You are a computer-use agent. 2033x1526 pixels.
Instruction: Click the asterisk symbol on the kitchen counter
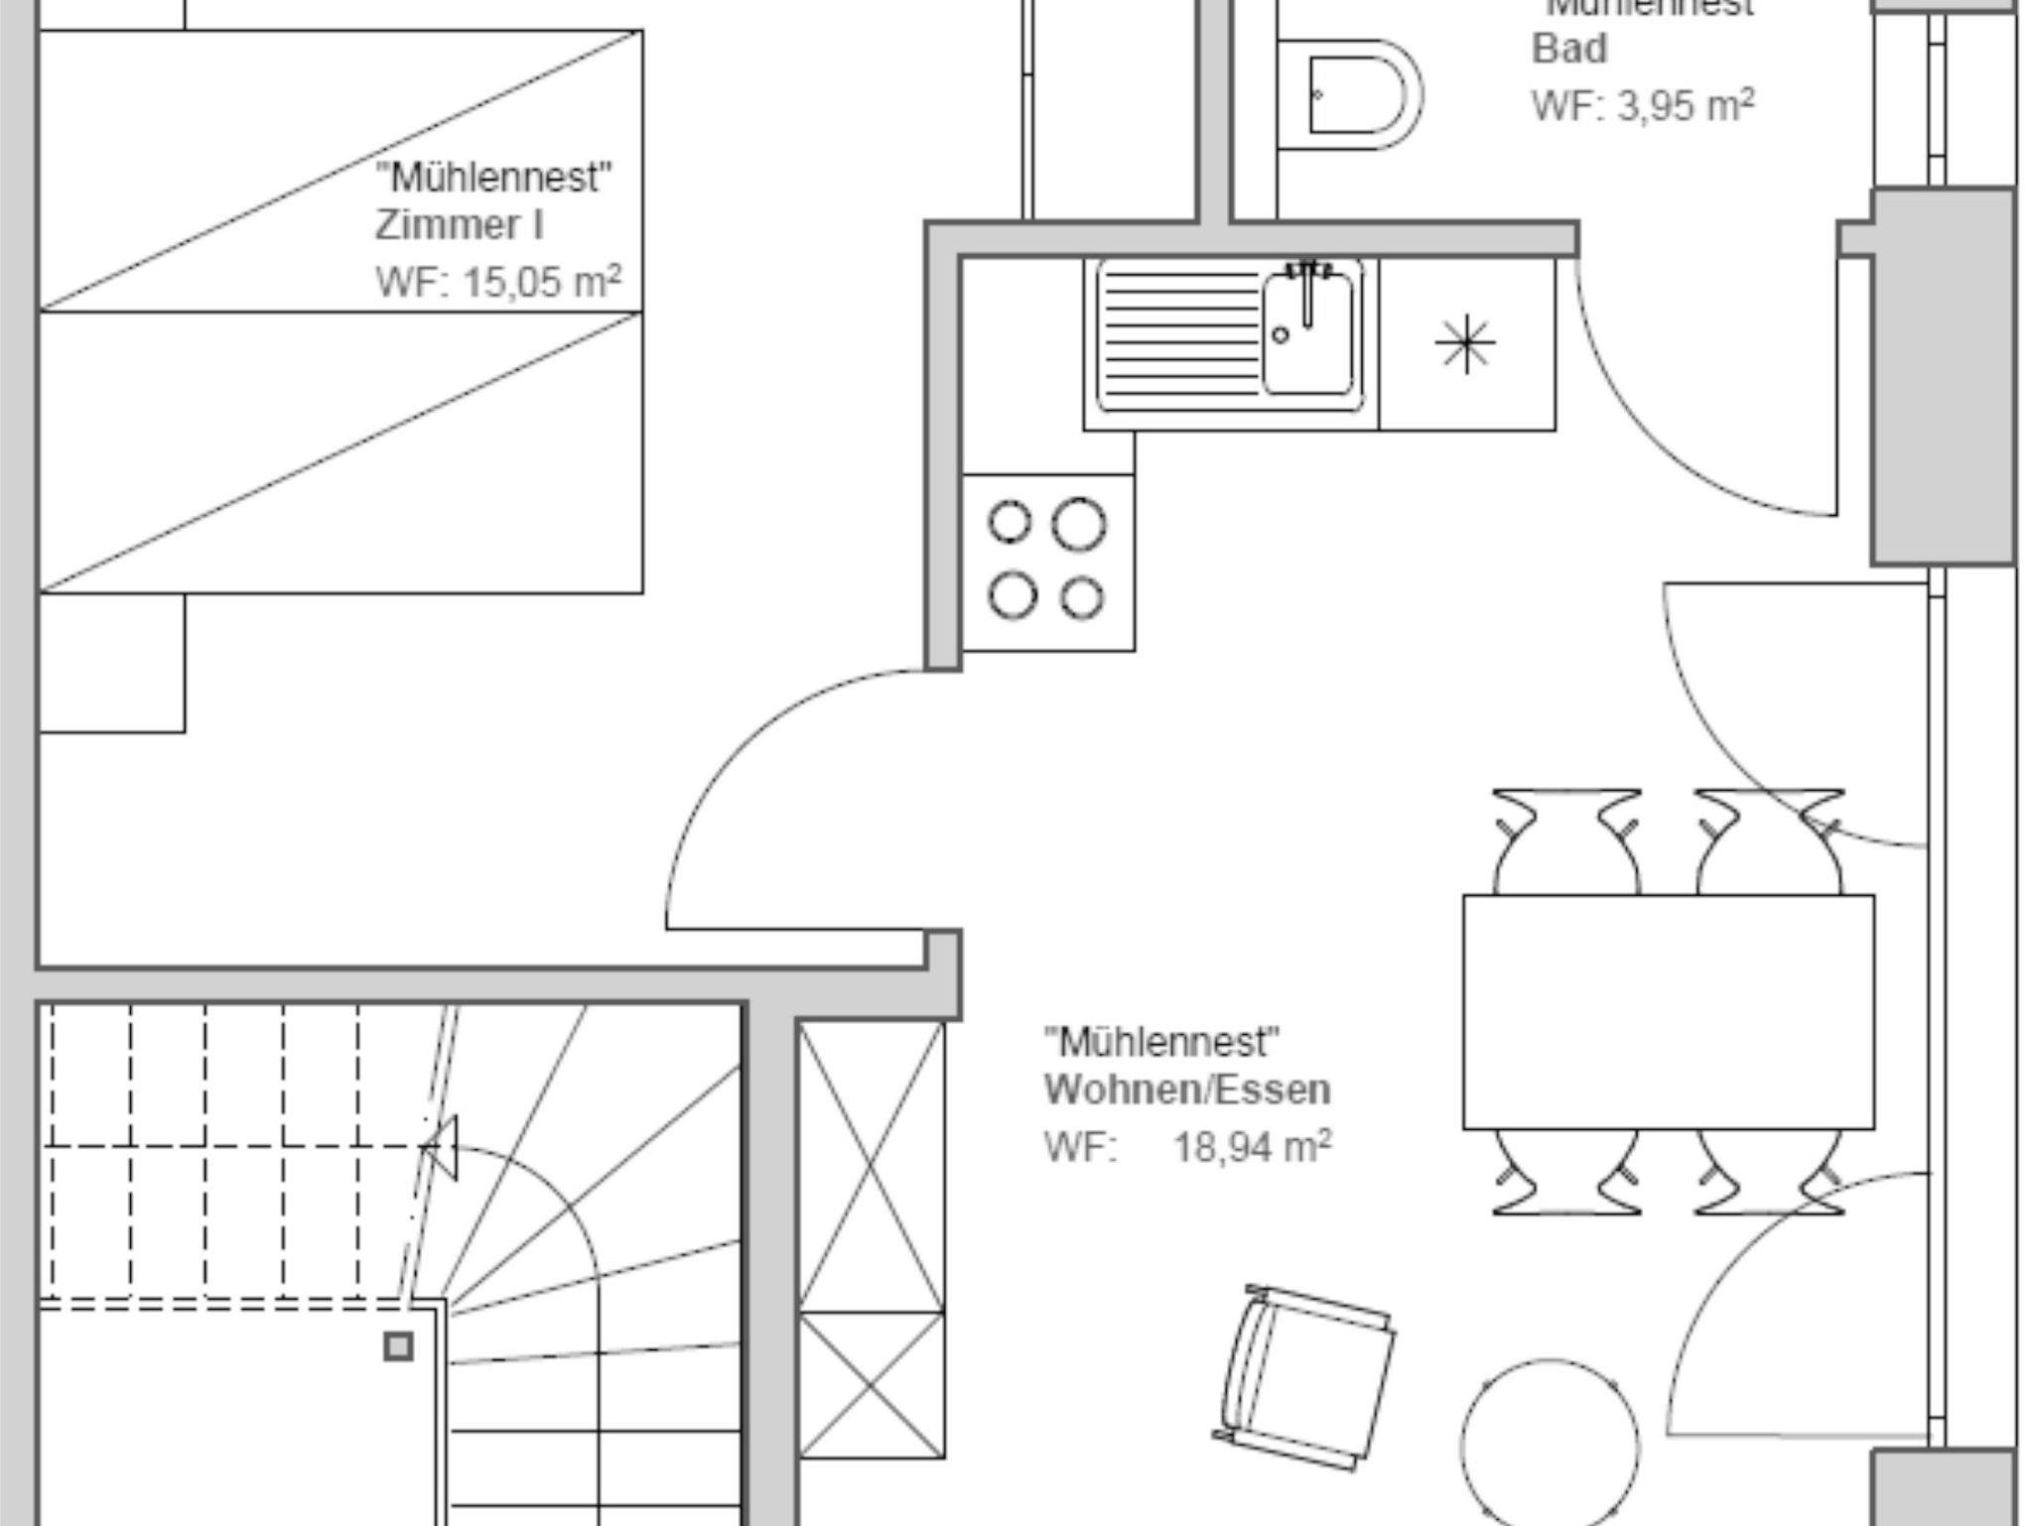pyautogui.click(x=1465, y=345)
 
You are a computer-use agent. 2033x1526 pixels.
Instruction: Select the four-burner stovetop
pyautogui.click(x=1048, y=563)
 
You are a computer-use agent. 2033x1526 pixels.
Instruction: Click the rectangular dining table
pyautogui.click(x=1669, y=1012)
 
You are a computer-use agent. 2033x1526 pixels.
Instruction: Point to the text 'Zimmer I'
pyautogui.click(x=460, y=226)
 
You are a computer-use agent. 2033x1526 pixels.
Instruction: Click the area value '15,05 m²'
pyautogui.click(x=542, y=283)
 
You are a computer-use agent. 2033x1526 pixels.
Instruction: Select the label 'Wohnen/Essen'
pyautogui.click(x=1187, y=1090)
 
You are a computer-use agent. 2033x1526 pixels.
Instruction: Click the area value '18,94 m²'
pyautogui.click(x=1253, y=1148)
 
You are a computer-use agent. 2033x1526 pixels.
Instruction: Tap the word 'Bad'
pyautogui.click(x=1568, y=50)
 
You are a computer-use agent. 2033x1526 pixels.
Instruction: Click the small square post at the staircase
pyautogui.click(x=399, y=1346)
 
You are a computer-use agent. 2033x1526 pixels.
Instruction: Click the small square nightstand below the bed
pyautogui.click(x=111, y=663)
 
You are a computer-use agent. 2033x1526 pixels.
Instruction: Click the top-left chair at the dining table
pyautogui.click(x=1565, y=843)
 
